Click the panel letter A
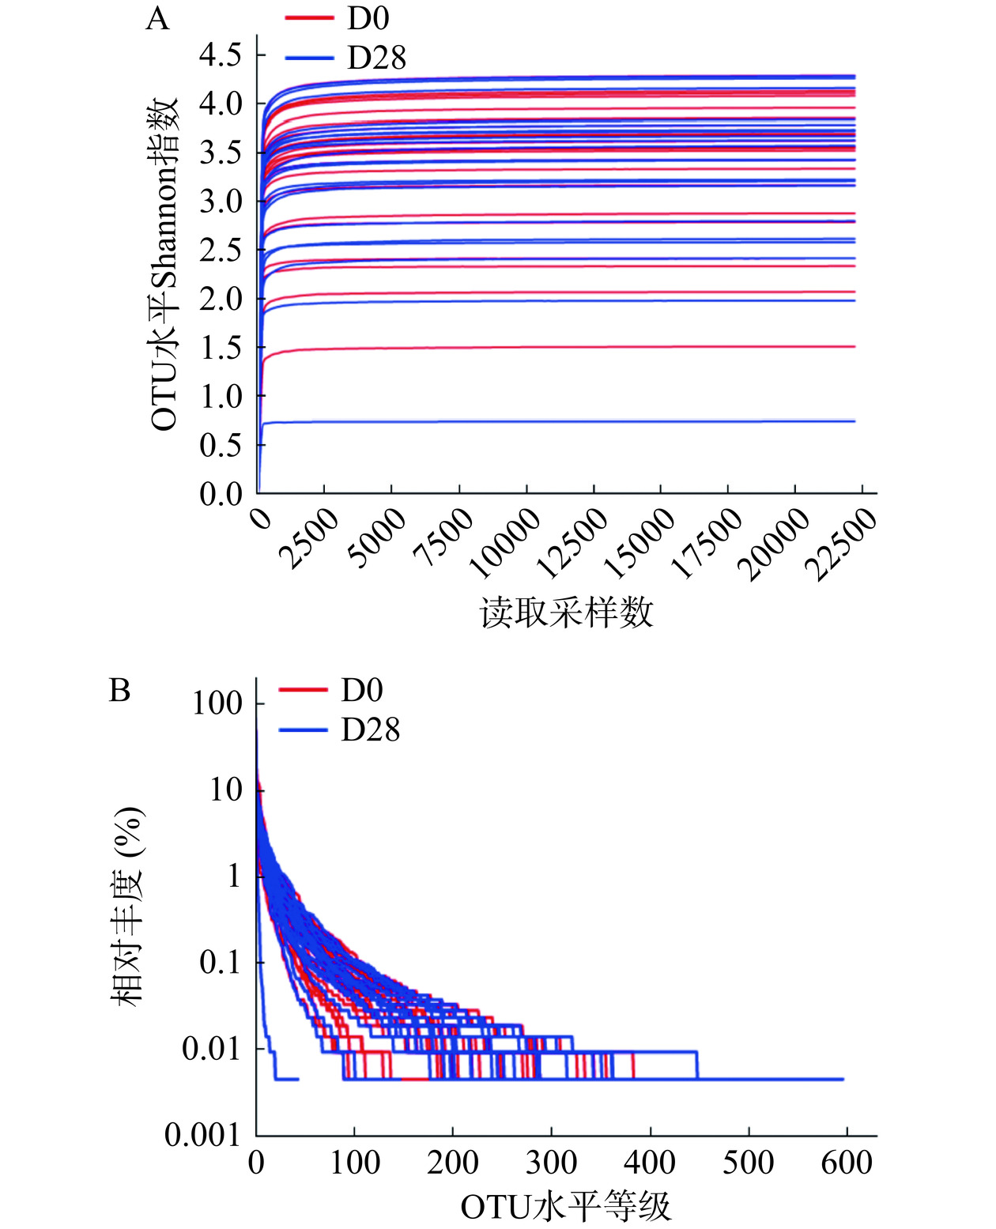pos(157,18)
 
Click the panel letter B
pos(119,691)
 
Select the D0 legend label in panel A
pos(368,18)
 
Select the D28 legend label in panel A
pos(376,58)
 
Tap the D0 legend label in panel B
pos(361,691)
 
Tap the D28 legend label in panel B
pos(370,729)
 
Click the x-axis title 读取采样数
pos(567,613)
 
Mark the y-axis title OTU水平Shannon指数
pos(165,265)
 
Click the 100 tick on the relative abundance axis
pos(217,703)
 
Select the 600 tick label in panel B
pos(847,1163)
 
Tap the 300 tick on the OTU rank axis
pos(551,1163)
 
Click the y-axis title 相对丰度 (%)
pos(128,906)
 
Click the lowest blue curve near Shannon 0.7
pos(553,421)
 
